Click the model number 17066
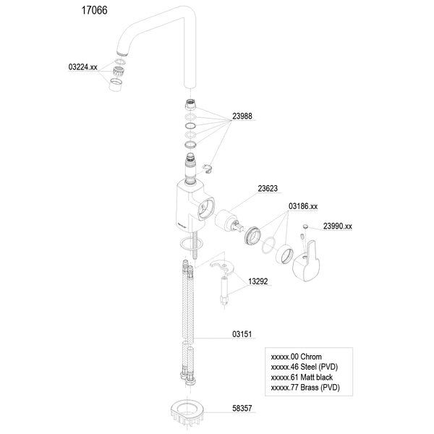94,11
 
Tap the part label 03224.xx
82,67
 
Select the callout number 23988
242,116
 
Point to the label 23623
268,189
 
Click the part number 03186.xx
303,206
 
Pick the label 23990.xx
338,226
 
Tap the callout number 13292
258,281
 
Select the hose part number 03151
242,334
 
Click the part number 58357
242,408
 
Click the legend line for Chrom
296,357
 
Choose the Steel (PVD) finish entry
305,367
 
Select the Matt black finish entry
302,378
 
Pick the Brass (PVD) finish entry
305,388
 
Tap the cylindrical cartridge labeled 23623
229,221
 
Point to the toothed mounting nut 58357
187,413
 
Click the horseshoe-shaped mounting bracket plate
222,266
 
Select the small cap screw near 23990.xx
305,226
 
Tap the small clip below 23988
207,168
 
